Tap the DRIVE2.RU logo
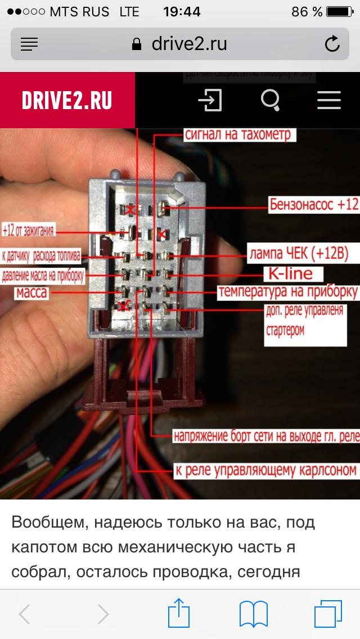(67, 101)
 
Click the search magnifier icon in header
(271, 101)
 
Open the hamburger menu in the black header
(329, 101)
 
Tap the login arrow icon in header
(210, 101)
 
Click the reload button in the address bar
(332, 44)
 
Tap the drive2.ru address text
(189, 44)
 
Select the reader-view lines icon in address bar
(29, 44)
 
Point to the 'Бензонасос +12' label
(313, 204)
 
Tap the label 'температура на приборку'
(287, 292)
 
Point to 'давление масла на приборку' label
(43, 276)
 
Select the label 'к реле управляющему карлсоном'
(265, 470)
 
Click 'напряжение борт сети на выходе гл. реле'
(265, 436)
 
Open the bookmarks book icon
(253, 613)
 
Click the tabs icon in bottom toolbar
(327, 613)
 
